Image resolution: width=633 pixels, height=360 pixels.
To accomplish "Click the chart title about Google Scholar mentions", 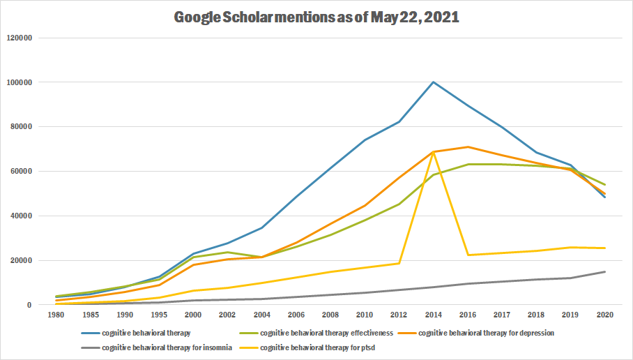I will point(316,17).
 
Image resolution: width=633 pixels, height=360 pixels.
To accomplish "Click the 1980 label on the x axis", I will point(56,315).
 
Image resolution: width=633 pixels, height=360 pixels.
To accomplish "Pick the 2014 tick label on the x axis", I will point(434,315).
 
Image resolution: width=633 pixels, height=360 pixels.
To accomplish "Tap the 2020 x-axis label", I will point(604,315).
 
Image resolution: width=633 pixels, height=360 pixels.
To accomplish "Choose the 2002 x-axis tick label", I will point(228,315).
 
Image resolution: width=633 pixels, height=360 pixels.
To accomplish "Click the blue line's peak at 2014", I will point(434,82).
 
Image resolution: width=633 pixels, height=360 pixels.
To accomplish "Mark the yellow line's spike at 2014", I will point(434,152).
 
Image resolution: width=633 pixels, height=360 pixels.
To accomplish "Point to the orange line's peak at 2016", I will point(468,147).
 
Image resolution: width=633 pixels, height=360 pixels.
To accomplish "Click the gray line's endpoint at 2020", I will point(604,271).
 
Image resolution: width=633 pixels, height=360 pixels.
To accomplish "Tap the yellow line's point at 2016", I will point(468,255).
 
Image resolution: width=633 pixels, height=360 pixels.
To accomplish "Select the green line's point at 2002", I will point(228,253).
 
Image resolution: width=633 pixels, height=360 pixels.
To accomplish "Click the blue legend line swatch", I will point(89,333).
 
